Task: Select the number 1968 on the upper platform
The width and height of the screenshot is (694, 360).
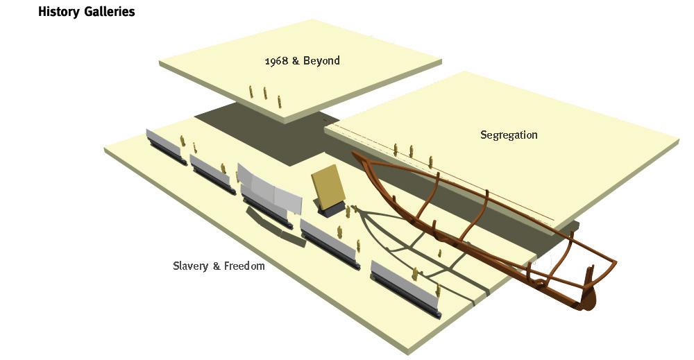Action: (x=276, y=60)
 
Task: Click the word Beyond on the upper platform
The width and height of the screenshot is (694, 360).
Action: (x=323, y=60)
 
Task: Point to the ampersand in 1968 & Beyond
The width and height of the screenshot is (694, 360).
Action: (x=296, y=60)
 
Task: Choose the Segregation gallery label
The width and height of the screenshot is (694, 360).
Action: (x=509, y=135)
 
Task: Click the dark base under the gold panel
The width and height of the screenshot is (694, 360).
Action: (x=331, y=209)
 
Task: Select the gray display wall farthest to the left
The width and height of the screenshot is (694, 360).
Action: (x=165, y=143)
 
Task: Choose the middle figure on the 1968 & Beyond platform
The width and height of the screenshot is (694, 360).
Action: (x=265, y=93)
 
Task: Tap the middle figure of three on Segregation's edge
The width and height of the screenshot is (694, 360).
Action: (x=412, y=151)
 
